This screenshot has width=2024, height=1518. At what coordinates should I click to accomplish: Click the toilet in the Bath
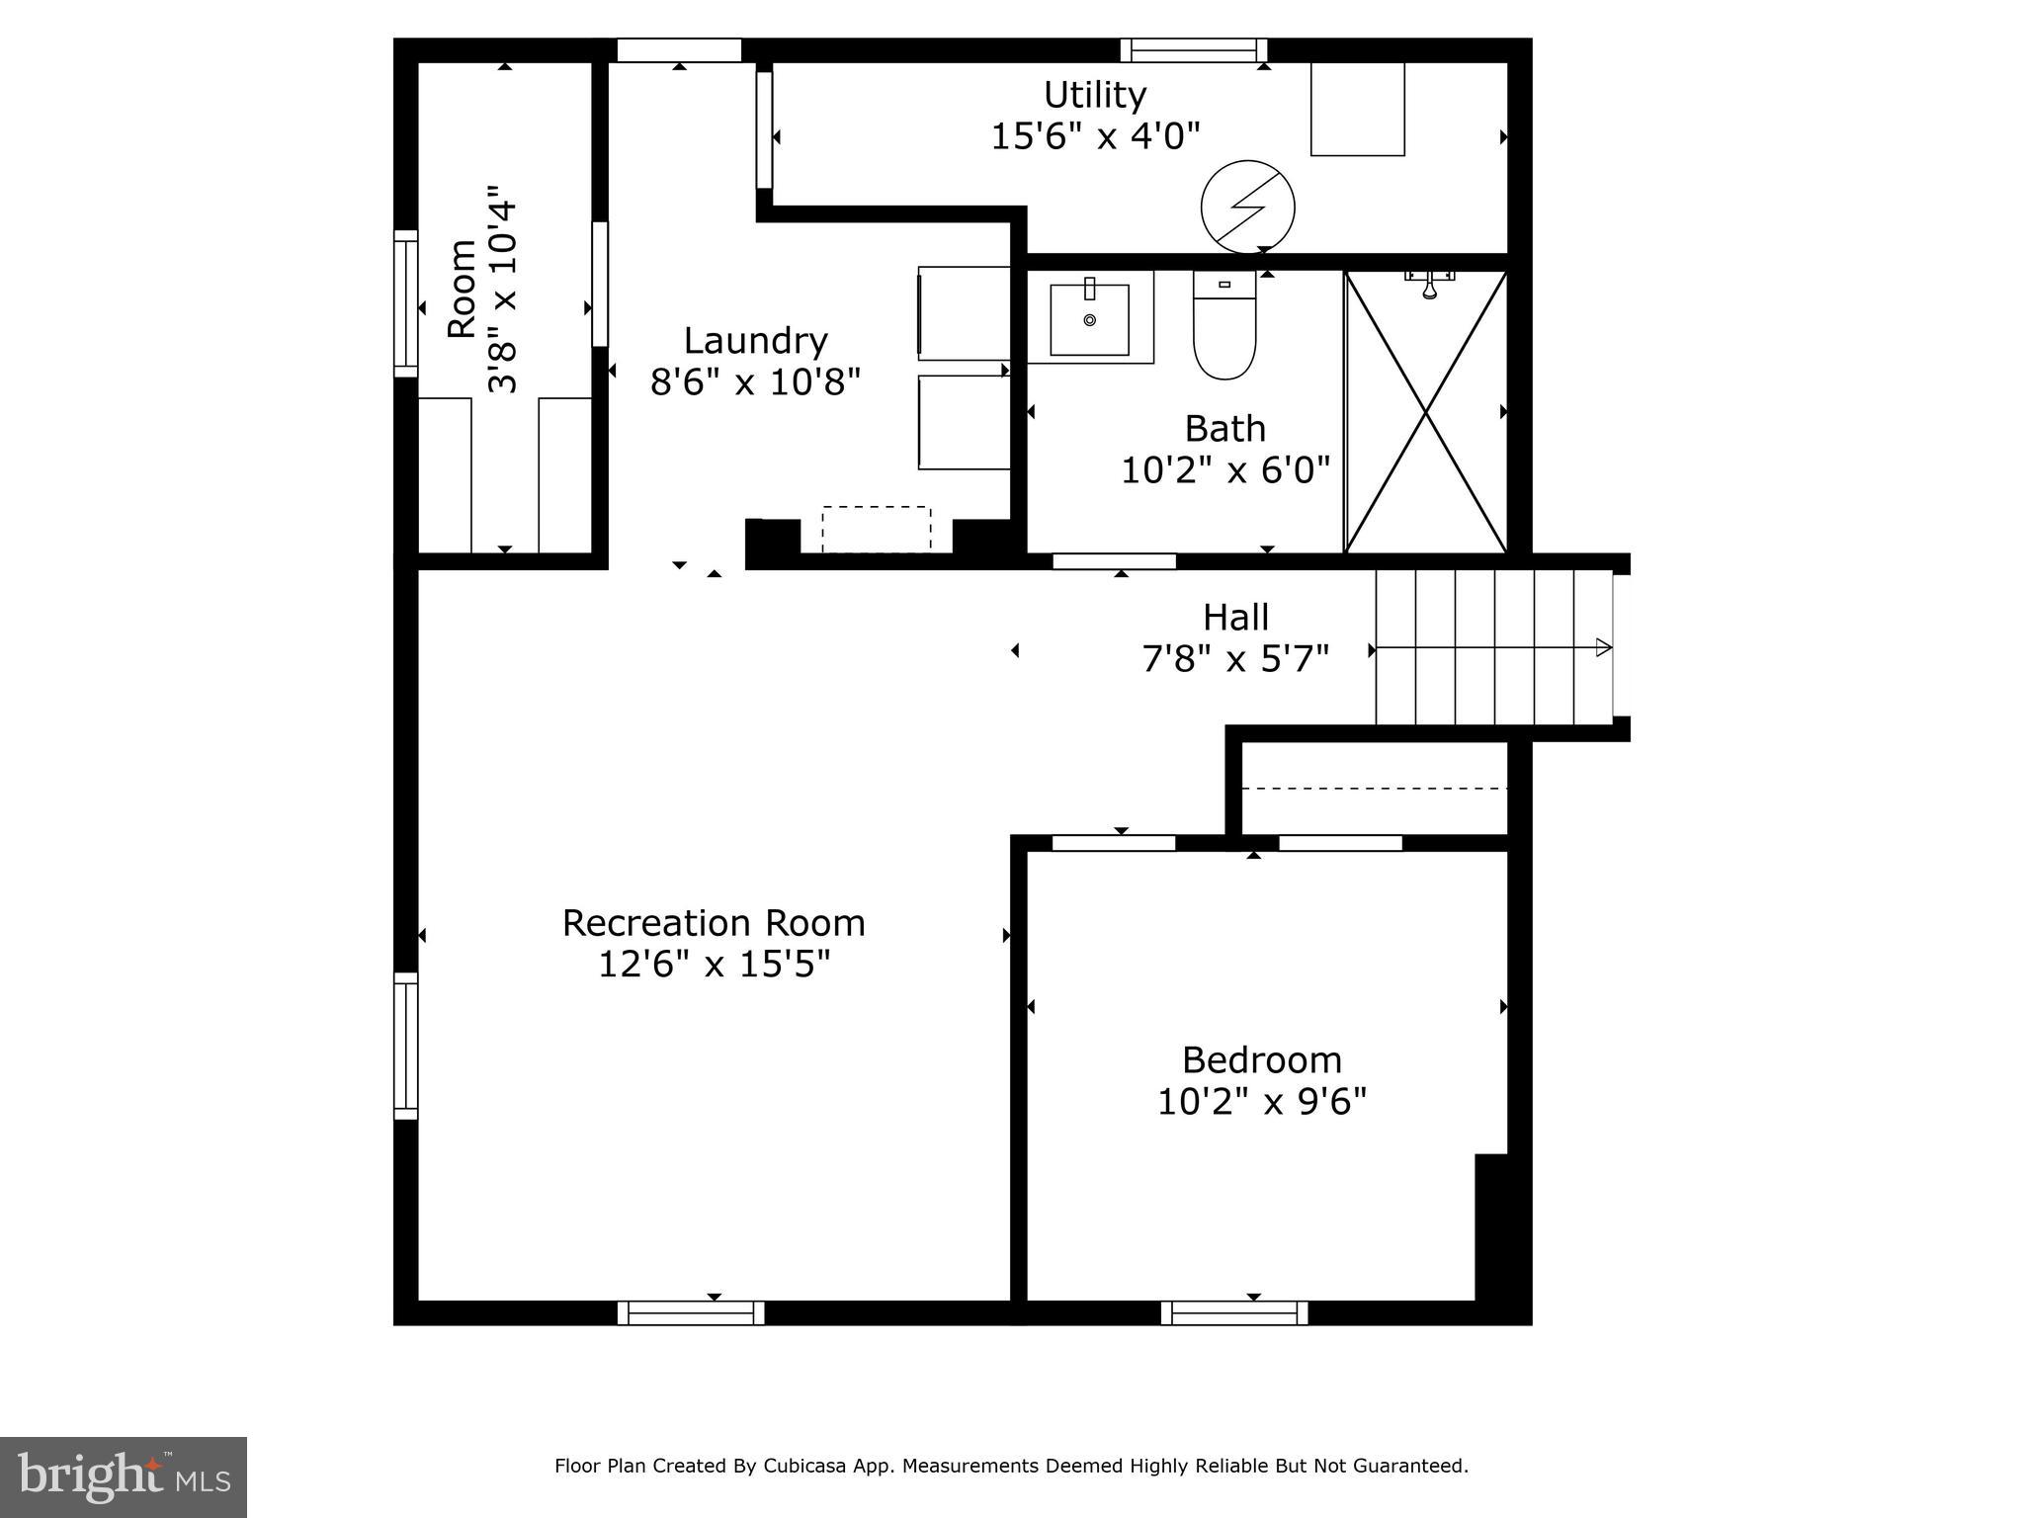pos(1224,325)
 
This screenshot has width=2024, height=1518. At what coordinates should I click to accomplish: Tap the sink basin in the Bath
pos(1089,319)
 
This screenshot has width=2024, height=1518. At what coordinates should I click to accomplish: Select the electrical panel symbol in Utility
pos(1247,208)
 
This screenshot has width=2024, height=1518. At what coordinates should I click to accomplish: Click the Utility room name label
pos(1095,95)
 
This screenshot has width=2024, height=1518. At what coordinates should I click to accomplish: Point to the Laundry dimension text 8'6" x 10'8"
pos(755,381)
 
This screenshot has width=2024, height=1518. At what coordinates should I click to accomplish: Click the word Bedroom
pos(1262,1060)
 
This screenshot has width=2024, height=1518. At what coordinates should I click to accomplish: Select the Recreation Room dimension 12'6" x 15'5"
pos(714,964)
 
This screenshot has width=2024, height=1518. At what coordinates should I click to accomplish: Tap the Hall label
pos(1235,618)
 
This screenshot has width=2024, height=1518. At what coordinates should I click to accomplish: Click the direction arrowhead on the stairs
pos(1604,648)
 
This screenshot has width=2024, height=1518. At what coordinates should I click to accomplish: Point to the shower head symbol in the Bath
pos(1429,284)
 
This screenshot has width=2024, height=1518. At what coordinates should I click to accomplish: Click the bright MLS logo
pos(124,1476)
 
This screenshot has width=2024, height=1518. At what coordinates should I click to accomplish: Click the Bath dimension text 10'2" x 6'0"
pos(1225,470)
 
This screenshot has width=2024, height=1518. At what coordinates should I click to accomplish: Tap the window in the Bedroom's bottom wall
pos(1234,1312)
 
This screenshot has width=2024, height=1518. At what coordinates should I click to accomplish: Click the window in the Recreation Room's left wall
pos(406,1046)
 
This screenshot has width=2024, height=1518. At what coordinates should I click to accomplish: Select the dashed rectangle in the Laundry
pos(877,530)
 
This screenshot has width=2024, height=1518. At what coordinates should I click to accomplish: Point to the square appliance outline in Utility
pos(1358,109)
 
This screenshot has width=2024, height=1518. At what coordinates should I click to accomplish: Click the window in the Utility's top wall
pos(1194,49)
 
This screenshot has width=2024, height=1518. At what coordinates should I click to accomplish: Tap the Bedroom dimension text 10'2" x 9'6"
pos(1262,1101)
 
